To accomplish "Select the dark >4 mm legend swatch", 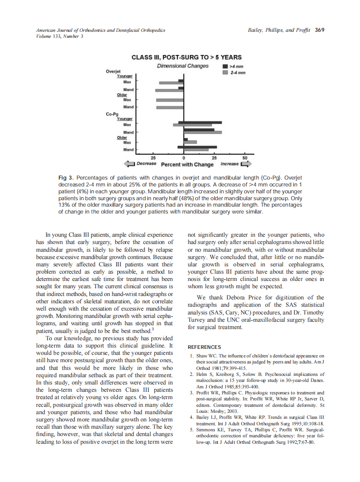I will click(x=225, y=67).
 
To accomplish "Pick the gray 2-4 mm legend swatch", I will click(x=225, y=73).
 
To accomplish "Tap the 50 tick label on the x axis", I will click(x=244, y=158).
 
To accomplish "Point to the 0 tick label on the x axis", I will click(x=184, y=158).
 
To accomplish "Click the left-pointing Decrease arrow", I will click(x=129, y=164).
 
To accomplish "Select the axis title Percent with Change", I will click(x=187, y=165).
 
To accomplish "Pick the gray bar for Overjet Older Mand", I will click(x=170, y=107).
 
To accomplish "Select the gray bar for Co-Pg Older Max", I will click(x=190, y=142).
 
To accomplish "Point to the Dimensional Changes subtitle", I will click(x=183, y=66).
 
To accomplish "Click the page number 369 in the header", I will click(x=319, y=30).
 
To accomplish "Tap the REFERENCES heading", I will click(x=204, y=347).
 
